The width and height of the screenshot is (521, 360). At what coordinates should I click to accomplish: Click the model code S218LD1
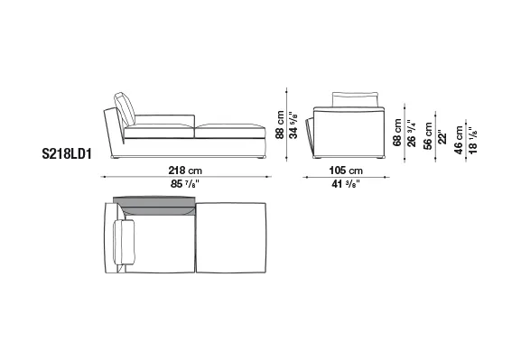pyautogui.click(x=67, y=154)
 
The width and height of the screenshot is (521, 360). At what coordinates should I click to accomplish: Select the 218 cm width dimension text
pyautogui.click(x=185, y=171)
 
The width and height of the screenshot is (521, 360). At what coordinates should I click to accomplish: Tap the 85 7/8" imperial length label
pyautogui.click(x=185, y=184)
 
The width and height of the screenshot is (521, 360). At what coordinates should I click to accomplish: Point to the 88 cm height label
pyautogui.click(x=280, y=125)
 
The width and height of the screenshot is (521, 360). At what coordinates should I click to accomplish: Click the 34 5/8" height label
pyautogui.click(x=293, y=125)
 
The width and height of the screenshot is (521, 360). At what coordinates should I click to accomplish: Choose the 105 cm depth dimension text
pyautogui.click(x=346, y=171)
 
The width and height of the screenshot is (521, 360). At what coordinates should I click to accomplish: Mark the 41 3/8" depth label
pyautogui.click(x=346, y=184)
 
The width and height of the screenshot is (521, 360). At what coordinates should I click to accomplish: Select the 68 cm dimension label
pyautogui.click(x=397, y=133)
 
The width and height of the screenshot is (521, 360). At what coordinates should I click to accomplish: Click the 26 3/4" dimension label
pyautogui.click(x=411, y=134)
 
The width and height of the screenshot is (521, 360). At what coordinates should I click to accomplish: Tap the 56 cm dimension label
pyautogui.click(x=428, y=136)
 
